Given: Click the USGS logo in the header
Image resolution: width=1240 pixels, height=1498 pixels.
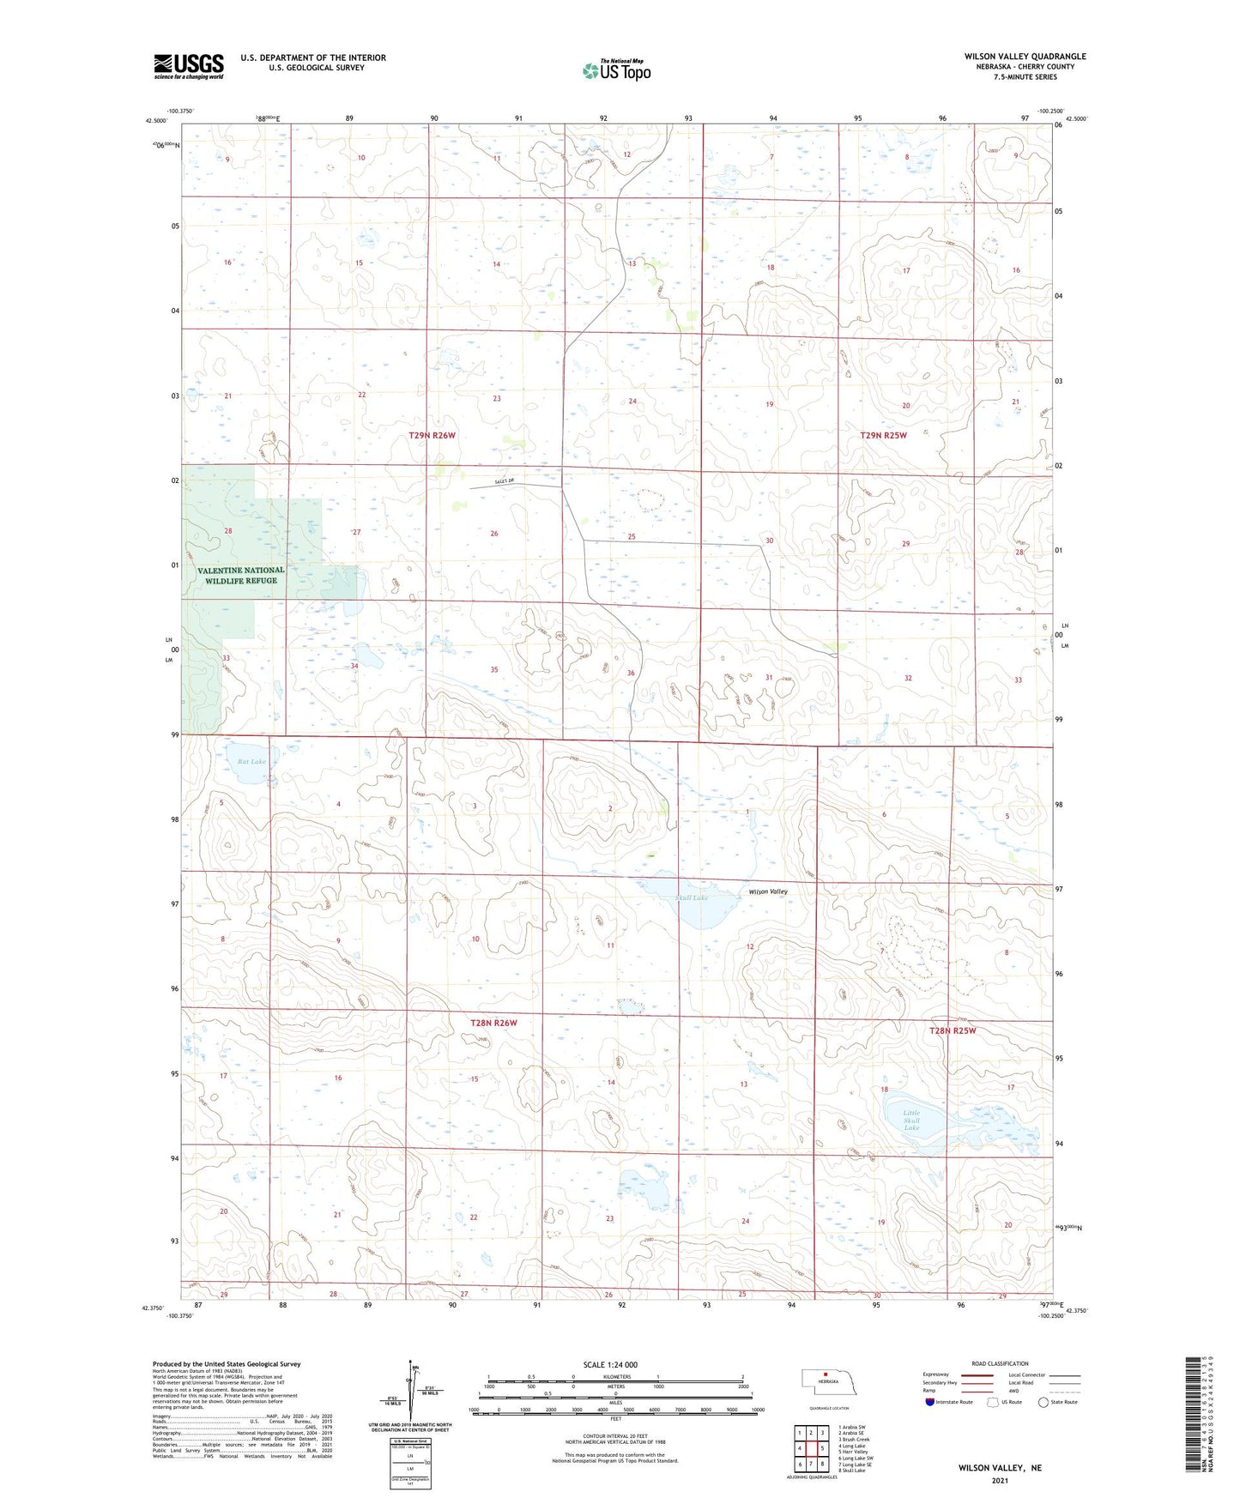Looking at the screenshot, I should [x=189, y=66].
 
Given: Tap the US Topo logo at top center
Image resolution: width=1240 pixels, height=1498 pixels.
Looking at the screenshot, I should [x=616, y=70].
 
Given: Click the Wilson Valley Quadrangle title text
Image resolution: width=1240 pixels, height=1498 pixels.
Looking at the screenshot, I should [x=1025, y=57].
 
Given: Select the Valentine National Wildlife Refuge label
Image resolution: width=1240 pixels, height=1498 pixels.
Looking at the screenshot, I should [x=241, y=575].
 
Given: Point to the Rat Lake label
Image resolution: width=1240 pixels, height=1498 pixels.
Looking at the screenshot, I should [x=251, y=761].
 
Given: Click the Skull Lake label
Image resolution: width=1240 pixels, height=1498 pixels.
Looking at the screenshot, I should [x=692, y=897].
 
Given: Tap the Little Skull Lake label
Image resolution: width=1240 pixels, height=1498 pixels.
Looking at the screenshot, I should [x=911, y=1120].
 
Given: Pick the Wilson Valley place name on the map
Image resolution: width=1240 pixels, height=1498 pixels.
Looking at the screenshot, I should [x=768, y=891].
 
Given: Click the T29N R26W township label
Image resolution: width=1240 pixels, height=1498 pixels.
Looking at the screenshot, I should [x=432, y=436].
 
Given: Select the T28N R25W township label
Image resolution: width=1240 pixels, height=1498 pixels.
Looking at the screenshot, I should [x=953, y=1030].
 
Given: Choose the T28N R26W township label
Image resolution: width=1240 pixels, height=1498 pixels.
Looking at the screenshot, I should [x=493, y=1023].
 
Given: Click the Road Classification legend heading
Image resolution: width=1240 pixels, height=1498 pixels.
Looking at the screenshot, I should [x=1000, y=1363].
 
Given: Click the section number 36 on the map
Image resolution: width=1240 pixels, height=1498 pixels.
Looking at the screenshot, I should [x=631, y=673].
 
